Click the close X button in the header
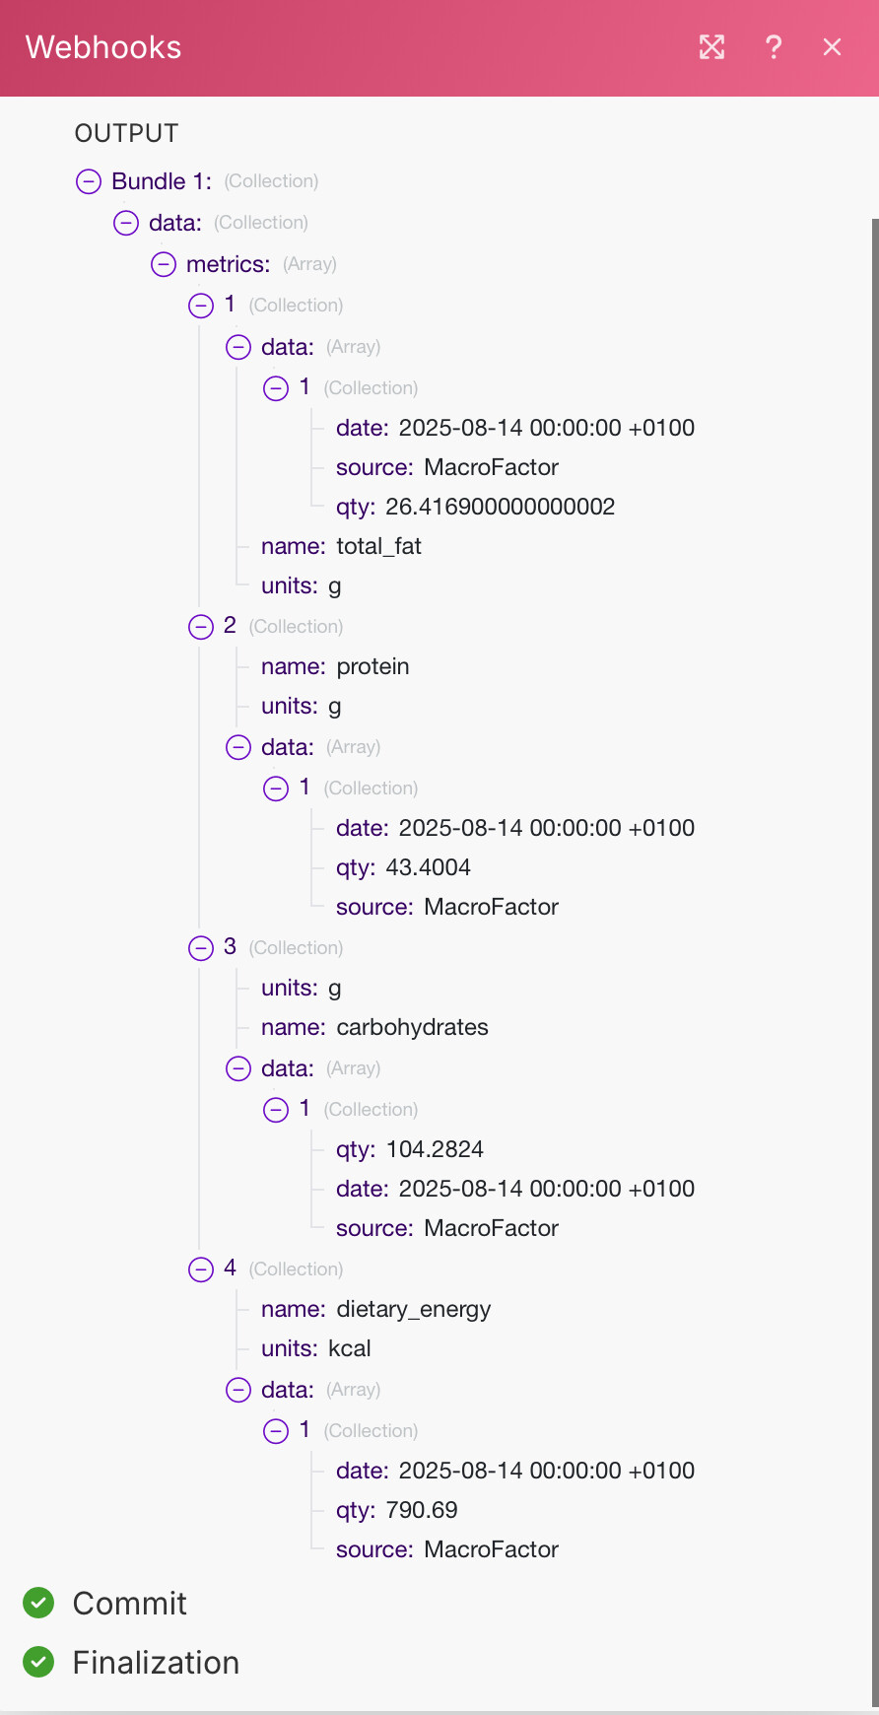click(832, 47)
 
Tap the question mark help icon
click(774, 47)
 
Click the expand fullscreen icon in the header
click(711, 47)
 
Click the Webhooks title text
click(103, 47)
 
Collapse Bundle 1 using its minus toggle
click(89, 181)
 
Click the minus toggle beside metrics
click(164, 264)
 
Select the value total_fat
click(378, 546)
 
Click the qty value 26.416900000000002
click(500, 507)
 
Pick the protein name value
click(372, 666)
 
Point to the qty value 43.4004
click(428, 867)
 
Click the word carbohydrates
click(412, 1027)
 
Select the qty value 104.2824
click(435, 1149)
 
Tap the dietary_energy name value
click(413, 1309)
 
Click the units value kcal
click(350, 1348)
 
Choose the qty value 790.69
click(422, 1510)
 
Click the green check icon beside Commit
click(38, 1603)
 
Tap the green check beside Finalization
click(38, 1662)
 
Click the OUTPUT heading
click(126, 133)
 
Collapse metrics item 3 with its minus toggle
click(201, 948)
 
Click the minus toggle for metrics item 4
click(201, 1269)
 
